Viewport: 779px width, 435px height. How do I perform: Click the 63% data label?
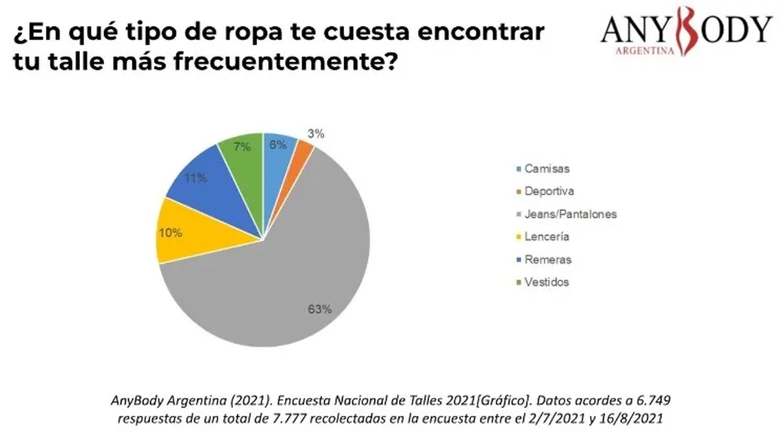(x=320, y=309)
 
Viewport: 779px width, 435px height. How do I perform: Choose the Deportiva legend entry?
(x=549, y=192)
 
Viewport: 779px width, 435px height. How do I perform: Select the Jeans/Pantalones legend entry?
(x=570, y=214)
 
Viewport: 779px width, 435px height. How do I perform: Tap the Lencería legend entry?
(x=547, y=237)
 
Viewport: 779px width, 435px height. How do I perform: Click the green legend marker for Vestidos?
(x=517, y=282)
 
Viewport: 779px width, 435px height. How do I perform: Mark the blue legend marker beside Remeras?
(x=517, y=260)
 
